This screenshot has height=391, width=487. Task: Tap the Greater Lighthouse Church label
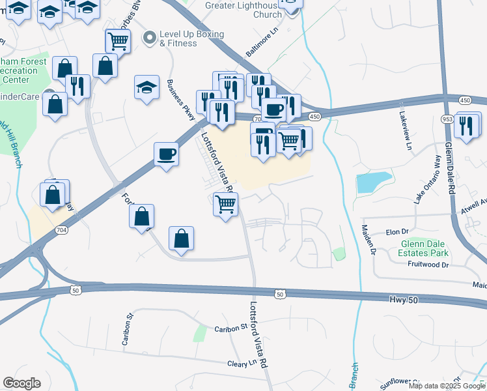coord(243,10)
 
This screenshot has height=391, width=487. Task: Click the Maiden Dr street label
coord(369,239)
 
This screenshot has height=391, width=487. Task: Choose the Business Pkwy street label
coord(182,100)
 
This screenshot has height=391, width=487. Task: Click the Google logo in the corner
coord(21,383)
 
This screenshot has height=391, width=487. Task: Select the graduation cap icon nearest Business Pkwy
coord(147,87)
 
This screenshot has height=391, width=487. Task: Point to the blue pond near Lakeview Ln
coord(374,182)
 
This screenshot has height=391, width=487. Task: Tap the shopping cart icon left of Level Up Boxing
coord(118,41)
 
